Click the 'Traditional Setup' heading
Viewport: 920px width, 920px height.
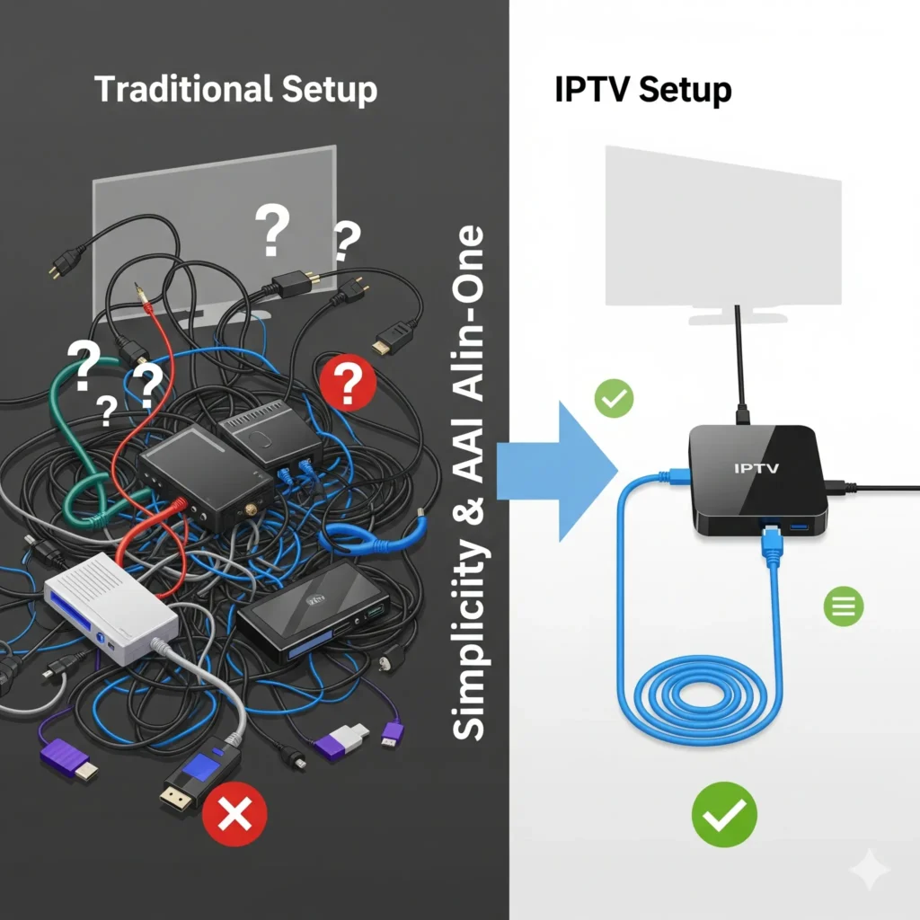235,91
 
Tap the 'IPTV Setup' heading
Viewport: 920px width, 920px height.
642,91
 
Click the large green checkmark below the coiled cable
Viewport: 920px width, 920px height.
724,814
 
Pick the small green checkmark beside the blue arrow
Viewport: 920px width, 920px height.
615,398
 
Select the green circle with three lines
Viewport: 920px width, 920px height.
844,608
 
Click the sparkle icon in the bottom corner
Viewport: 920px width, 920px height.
870,870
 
